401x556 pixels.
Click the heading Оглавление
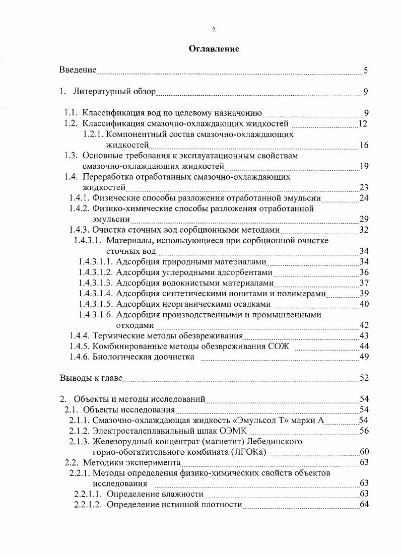click(x=214, y=49)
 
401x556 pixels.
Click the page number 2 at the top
click(x=214, y=30)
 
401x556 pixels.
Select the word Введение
click(x=78, y=70)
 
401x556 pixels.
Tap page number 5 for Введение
click(x=366, y=71)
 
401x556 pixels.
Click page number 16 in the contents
click(x=364, y=146)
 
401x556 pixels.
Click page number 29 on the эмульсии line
click(x=364, y=219)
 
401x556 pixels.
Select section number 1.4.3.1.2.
click(x=95, y=272)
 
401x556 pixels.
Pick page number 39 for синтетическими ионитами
click(x=364, y=294)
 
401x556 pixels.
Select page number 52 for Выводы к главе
click(x=364, y=378)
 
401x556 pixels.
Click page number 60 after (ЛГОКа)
click(x=364, y=452)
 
